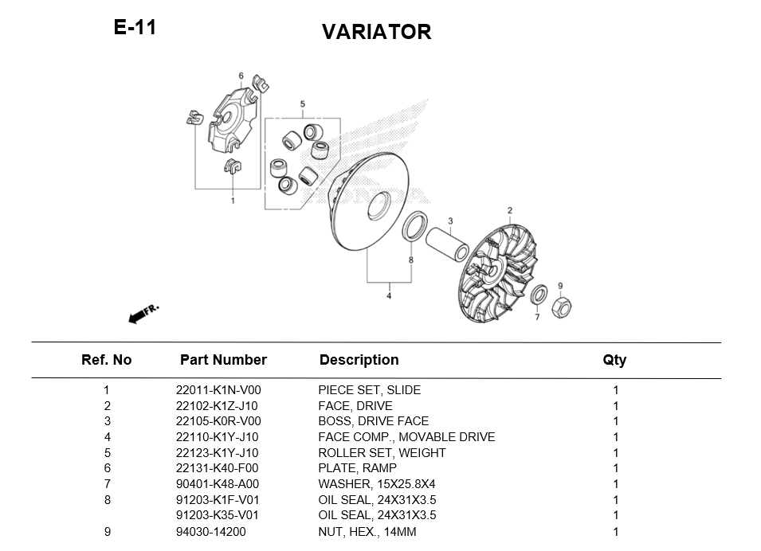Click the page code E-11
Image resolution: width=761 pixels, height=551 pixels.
click(x=135, y=28)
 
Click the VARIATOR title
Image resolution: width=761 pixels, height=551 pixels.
click(x=376, y=32)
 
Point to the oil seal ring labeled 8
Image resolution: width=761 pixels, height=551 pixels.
click(x=414, y=226)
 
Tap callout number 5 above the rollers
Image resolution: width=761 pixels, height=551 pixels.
click(x=303, y=104)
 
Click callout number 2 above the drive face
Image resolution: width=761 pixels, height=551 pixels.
click(x=510, y=210)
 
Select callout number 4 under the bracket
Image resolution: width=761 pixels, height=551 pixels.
click(x=389, y=296)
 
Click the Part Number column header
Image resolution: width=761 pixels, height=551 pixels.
click(x=223, y=360)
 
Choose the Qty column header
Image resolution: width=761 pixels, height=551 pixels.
click(x=614, y=360)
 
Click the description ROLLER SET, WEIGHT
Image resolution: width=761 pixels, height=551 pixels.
click(x=382, y=453)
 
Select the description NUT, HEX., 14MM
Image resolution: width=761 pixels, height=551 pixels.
click(x=367, y=531)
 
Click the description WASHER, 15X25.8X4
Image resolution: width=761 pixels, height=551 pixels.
click(x=377, y=484)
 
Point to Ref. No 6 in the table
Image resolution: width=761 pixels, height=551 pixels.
click(x=107, y=468)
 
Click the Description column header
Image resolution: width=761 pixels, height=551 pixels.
click(x=359, y=360)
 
